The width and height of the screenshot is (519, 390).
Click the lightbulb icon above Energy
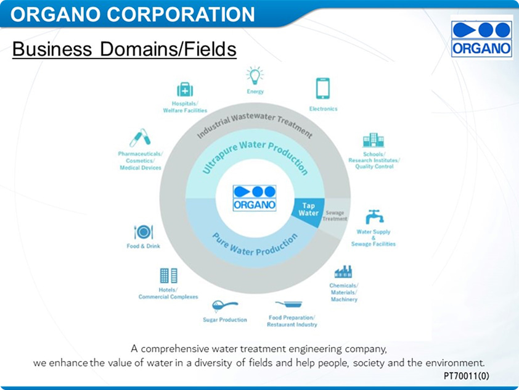point(255,75)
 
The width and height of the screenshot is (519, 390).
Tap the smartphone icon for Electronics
point(323,88)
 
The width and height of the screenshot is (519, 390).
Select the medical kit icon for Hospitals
point(185,89)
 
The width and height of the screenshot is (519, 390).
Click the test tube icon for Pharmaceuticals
point(141,138)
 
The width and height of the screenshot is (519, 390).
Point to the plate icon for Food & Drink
point(144,232)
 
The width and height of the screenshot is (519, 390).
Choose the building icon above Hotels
point(168,275)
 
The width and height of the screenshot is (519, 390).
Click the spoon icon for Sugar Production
point(224,306)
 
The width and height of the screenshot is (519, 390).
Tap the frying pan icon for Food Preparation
point(288,304)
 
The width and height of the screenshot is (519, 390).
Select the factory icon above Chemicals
point(343,272)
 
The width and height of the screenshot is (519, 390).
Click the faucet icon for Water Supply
point(374,217)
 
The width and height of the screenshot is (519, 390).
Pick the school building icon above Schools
point(374,140)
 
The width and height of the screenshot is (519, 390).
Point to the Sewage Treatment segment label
point(335,216)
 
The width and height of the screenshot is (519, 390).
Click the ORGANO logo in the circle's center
point(255,198)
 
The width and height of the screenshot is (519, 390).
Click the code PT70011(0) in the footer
point(466,376)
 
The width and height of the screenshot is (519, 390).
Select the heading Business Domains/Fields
point(124,49)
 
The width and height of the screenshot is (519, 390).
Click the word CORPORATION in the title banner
point(181,14)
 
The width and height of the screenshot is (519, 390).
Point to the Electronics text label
point(324,109)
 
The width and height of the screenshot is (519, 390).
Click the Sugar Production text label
point(225,320)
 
